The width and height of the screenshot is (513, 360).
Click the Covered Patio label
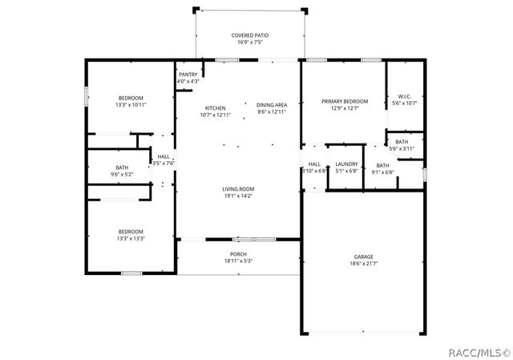tap(249, 35)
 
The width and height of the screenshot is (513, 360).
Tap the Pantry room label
tap(188, 75)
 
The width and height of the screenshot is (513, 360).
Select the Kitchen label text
tap(215, 108)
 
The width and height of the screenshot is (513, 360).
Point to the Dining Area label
tap(272, 105)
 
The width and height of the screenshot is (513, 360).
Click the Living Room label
tap(238, 189)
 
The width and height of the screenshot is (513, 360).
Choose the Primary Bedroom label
tap(345, 101)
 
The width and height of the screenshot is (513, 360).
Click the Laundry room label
tap(346, 164)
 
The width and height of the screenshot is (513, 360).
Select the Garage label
tap(363, 257)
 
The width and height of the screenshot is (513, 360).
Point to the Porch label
tap(238, 254)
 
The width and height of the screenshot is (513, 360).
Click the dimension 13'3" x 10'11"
tap(130, 104)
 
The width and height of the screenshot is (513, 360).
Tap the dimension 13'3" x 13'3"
tap(130, 238)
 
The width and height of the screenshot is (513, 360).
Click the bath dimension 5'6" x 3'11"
tap(401, 148)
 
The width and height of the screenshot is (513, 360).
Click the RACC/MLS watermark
tap(479, 350)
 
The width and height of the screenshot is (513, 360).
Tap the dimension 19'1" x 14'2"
tap(238, 196)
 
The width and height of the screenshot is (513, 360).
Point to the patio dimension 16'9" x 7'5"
tap(249, 42)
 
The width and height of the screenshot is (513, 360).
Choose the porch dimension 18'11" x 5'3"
tap(238, 261)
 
